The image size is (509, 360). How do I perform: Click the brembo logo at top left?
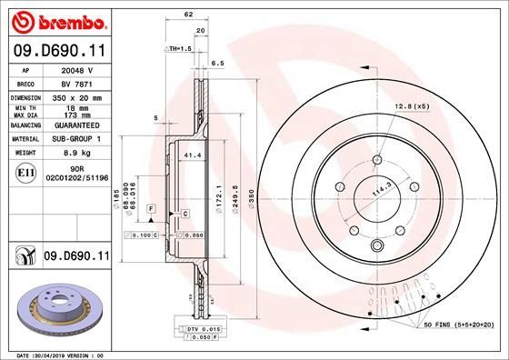[x=57, y=20]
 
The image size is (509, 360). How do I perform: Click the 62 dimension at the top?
[x=188, y=15]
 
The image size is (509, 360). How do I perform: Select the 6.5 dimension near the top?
[x=217, y=65]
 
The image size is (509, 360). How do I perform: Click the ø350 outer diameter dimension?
[x=264, y=195]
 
